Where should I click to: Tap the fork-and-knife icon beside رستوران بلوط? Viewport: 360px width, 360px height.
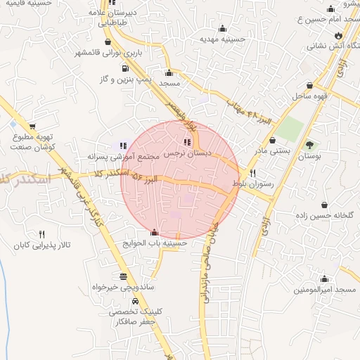(x=252, y=172)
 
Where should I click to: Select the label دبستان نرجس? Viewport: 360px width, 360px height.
(x=188, y=152)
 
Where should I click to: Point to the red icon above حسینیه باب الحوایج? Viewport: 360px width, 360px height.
(x=155, y=232)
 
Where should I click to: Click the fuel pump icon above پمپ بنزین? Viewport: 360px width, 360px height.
(x=125, y=68)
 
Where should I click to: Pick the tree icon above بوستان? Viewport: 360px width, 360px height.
(x=310, y=144)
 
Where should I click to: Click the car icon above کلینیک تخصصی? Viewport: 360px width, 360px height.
(x=125, y=301)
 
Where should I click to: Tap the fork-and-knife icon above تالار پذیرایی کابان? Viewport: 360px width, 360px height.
(x=41, y=234)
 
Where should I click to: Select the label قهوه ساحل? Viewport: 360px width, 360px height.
(x=308, y=94)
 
